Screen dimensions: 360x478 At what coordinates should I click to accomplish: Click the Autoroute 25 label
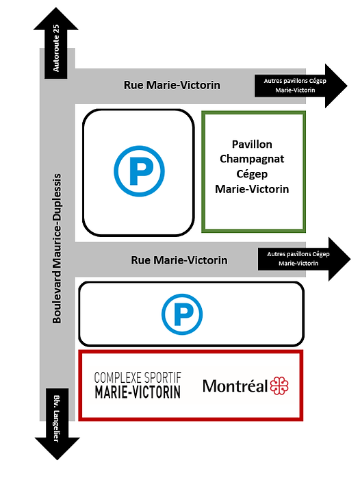(56, 48)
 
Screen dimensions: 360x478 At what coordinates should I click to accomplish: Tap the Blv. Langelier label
(56, 418)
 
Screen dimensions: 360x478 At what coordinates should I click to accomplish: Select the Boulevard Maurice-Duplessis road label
(57, 249)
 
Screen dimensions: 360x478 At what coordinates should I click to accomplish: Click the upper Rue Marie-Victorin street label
(172, 85)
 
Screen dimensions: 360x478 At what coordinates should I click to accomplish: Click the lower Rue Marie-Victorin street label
(179, 260)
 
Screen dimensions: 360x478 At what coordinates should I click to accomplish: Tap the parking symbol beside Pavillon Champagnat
(139, 171)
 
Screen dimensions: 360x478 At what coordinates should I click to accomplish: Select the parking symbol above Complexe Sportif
(182, 314)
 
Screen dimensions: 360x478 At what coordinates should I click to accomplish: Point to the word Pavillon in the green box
(252, 144)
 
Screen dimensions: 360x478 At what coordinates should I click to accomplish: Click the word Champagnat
(252, 159)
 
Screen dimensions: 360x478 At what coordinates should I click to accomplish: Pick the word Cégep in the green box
(252, 174)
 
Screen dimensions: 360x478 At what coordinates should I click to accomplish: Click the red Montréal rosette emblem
(279, 386)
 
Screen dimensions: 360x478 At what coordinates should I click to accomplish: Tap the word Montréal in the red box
(235, 386)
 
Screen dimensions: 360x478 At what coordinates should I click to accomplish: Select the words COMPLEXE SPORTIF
(138, 378)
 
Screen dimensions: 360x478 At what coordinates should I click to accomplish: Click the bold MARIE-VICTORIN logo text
(138, 392)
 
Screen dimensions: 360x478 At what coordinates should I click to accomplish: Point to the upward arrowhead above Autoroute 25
(56, 19)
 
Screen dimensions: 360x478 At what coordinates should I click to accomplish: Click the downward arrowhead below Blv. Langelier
(57, 449)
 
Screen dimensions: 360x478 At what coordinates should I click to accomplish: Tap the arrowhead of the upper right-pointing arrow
(336, 86)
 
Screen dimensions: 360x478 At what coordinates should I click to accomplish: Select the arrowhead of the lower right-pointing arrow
(339, 259)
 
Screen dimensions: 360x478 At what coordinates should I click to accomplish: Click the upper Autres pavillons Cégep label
(295, 86)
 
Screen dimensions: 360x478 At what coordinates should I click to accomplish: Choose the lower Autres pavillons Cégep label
(298, 259)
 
